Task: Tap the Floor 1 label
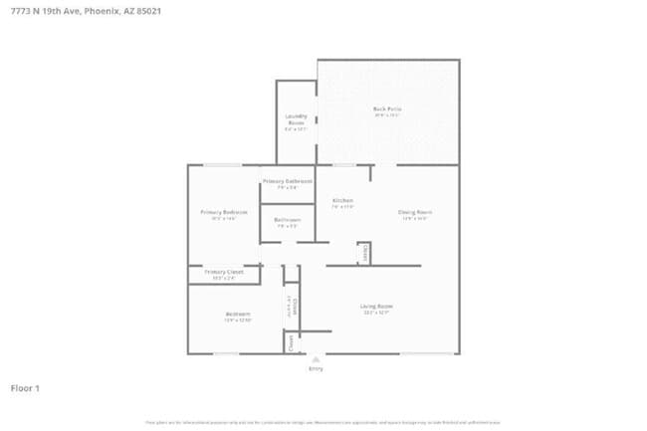(x=25, y=387)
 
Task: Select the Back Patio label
(x=387, y=108)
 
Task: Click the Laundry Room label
(x=296, y=119)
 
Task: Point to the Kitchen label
(x=342, y=201)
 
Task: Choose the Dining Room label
(x=415, y=212)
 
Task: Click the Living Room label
(x=376, y=307)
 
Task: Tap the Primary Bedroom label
(x=223, y=212)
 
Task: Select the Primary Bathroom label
(x=287, y=181)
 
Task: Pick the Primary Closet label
(x=223, y=272)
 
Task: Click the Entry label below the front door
(x=316, y=369)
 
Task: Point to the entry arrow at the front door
(x=316, y=359)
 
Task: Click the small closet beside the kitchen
(x=364, y=253)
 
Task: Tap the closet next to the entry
(x=291, y=342)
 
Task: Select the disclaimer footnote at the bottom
(x=323, y=422)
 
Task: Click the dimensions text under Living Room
(x=376, y=314)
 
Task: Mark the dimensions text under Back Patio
(x=387, y=115)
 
